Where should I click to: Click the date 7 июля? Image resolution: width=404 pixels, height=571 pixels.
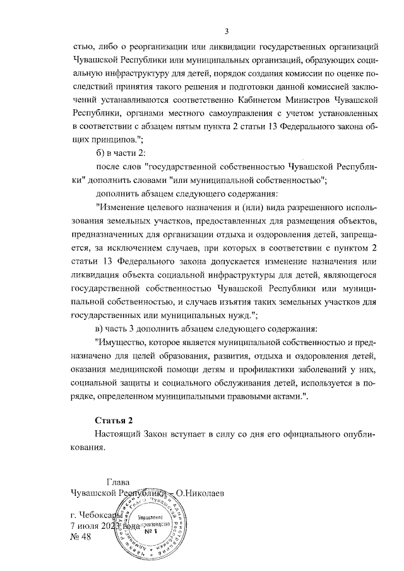(91, 526)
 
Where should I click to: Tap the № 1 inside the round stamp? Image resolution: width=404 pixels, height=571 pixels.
(149, 531)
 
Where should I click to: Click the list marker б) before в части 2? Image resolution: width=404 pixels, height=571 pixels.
(100, 153)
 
